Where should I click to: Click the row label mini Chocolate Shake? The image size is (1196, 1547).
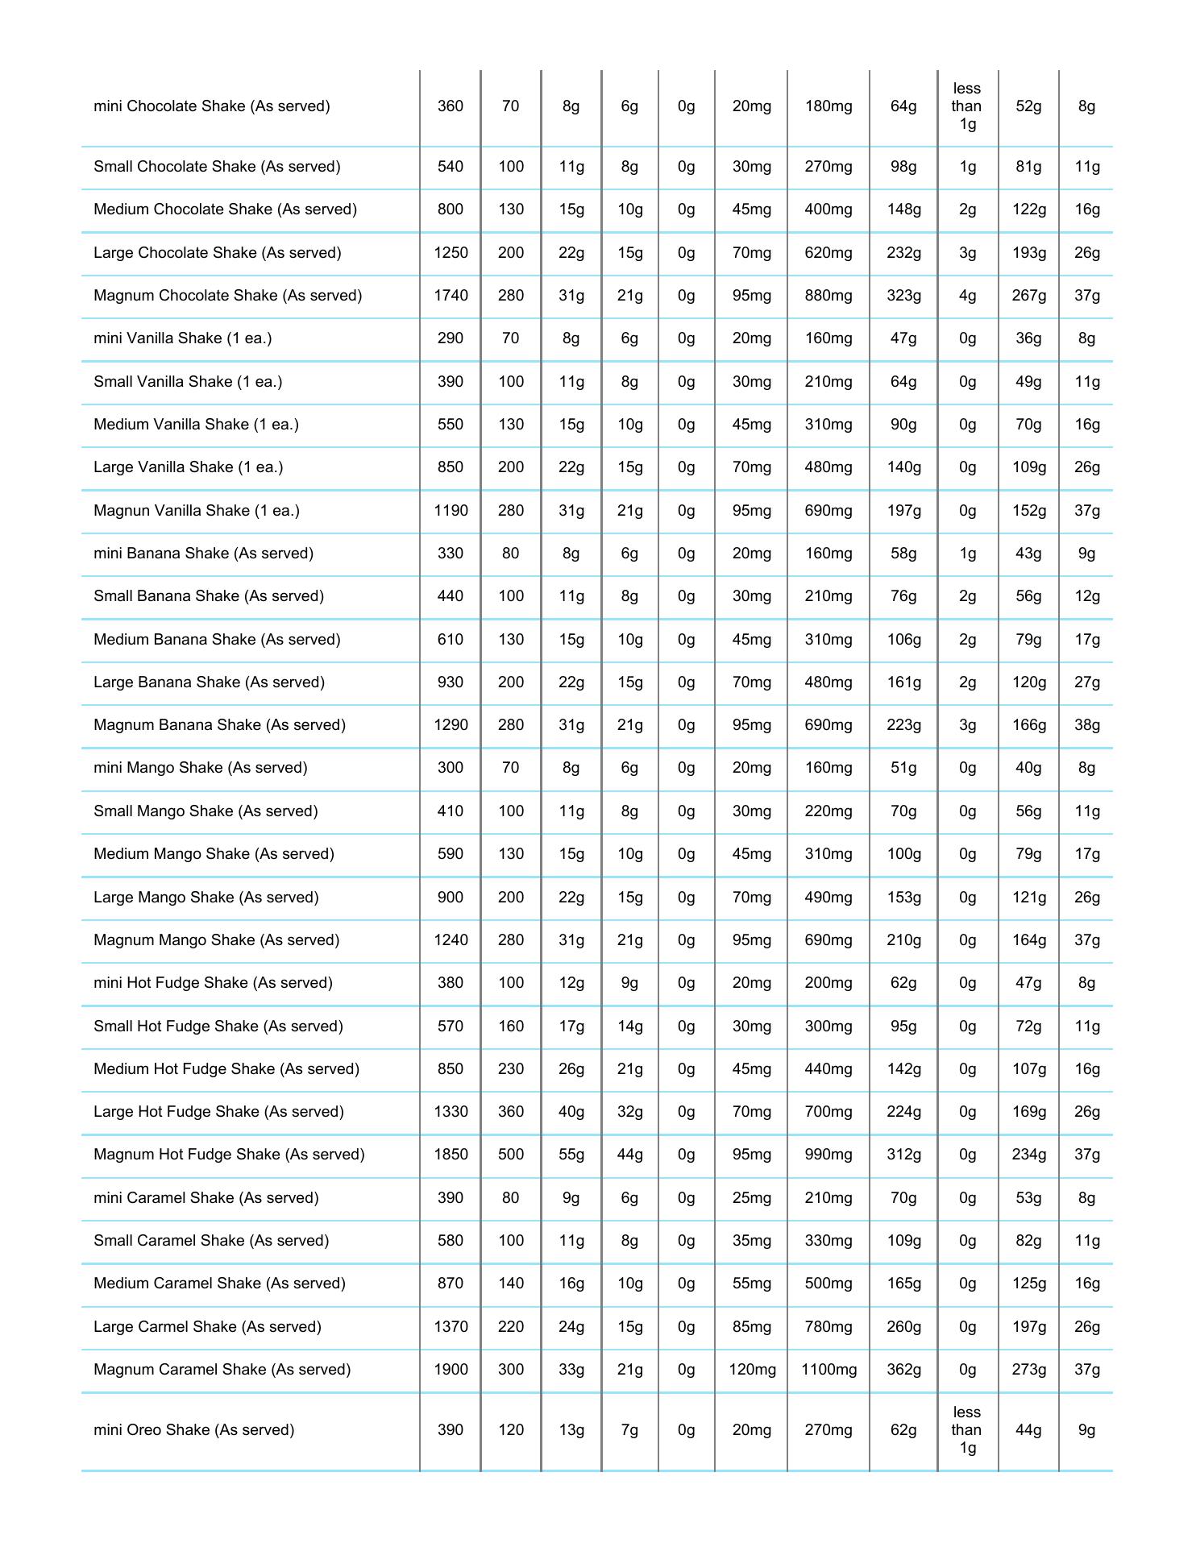pyautogui.click(x=211, y=106)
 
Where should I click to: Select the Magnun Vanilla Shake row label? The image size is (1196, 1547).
pyautogui.click(x=196, y=511)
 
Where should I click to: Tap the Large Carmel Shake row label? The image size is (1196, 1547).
pyautogui.click(x=207, y=1327)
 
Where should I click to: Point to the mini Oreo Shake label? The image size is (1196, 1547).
pyautogui.click(x=193, y=1430)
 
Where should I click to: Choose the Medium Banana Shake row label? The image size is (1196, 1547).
pyautogui.click(x=217, y=640)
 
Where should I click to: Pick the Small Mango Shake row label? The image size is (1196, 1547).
pyautogui.click(x=206, y=811)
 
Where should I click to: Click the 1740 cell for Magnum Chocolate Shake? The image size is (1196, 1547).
pyautogui.click(x=451, y=296)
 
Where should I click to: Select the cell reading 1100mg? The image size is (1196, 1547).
pyautogui.click(x=828, y=1370)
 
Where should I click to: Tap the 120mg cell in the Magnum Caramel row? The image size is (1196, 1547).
pyautogui.click(x=751, y=1370)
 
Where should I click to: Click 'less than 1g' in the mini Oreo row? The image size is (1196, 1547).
pyautogui.click(x=966, y=1430)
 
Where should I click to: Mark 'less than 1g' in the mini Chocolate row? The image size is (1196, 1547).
pyautogui.click(x=966, y=106)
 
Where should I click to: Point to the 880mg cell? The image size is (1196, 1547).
pyautogui.click(x=828, y=296)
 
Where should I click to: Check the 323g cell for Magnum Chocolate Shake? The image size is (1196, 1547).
pyautogui.click(x=903, y=296)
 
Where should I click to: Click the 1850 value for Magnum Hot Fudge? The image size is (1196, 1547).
pyautogui.click(x=451, y=1155)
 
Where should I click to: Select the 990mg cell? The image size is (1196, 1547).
pyautogui.click(x=828, y=1155)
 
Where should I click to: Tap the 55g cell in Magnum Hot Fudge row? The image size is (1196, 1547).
pyautogui.click(x=571, y=1155)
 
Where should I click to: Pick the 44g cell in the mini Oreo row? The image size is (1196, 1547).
pyautogui.click(x=1028, y=1430)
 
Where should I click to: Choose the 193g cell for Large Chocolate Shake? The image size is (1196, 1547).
pyautogui.click(x=1028, y=253)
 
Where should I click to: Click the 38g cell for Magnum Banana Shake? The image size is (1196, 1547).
pyautogui.click(x=1086, y=725)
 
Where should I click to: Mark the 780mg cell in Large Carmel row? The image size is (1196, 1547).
pyautogui.click(x=828, y=1327)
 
